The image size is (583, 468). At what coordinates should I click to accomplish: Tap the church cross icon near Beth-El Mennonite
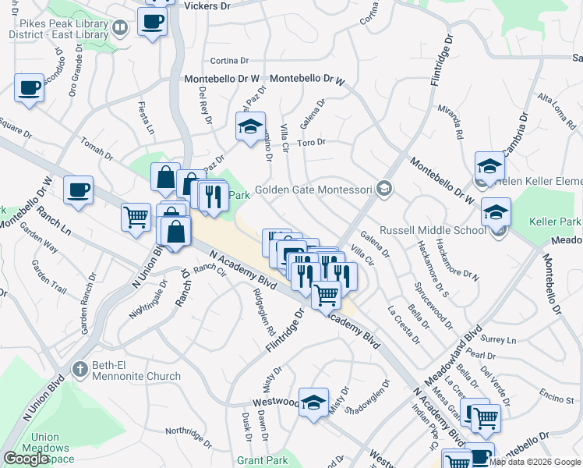coord(79,368)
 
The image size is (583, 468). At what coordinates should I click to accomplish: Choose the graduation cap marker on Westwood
coord(313,402)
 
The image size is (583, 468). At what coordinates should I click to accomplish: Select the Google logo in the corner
coord(26,459)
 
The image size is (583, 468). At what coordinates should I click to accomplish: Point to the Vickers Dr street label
coord(207,5)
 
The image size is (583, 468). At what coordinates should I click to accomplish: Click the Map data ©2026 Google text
coord(535,462)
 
